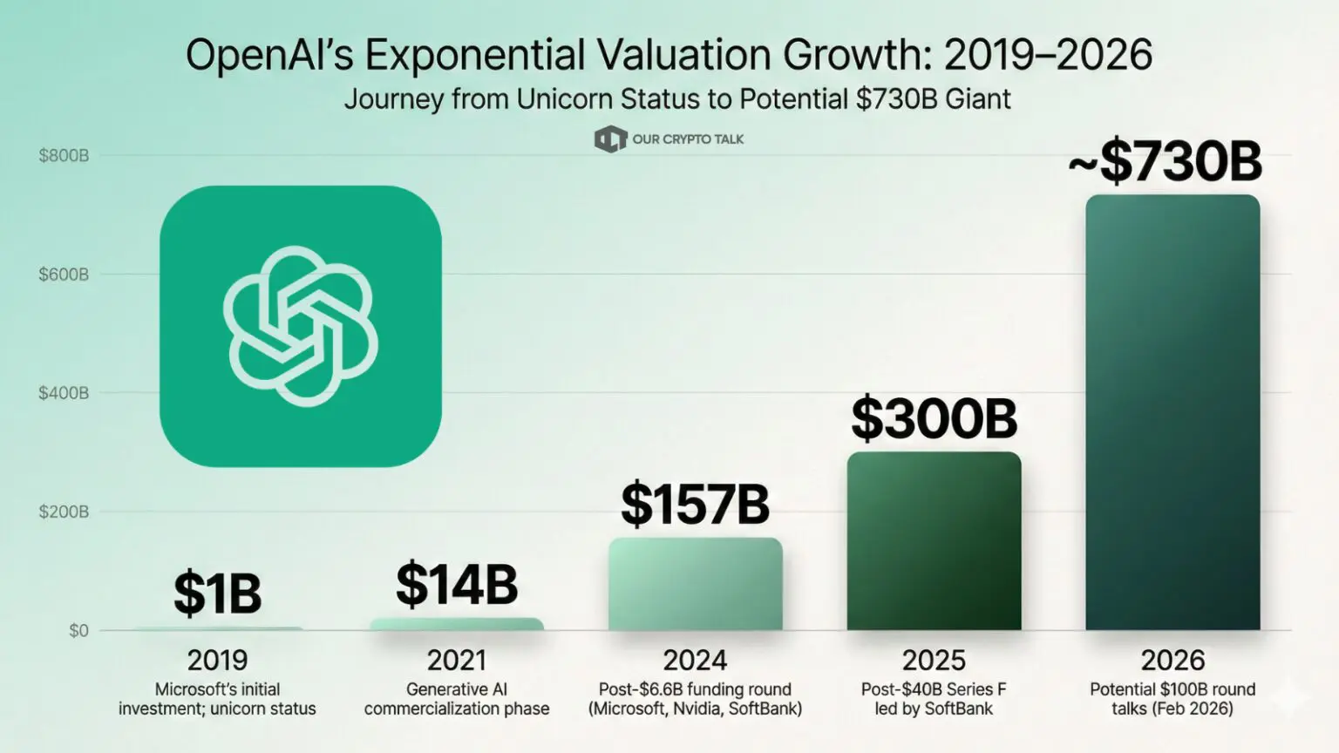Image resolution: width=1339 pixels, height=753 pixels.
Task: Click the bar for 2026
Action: (x=1172, y=412)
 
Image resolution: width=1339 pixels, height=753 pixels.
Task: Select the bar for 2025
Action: (x=934, y=541)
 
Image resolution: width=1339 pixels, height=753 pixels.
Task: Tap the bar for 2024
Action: (x=695, y=584)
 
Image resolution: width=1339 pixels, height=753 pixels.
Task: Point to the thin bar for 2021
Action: (x=457, y=625)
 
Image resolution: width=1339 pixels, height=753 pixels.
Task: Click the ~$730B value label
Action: (x=1165, y=161)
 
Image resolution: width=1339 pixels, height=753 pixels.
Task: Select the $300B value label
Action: (x=934, y=418)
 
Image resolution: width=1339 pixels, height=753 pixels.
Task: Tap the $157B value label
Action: (x=695, y=505)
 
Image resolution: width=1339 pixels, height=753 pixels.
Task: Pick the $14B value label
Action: (x=457, y=585)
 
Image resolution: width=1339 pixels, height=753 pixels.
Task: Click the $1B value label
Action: (x=218, y=594)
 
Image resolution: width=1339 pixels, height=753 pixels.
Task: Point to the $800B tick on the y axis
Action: (x=64, y=156)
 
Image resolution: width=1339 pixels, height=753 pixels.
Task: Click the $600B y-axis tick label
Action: (x=64, y=275)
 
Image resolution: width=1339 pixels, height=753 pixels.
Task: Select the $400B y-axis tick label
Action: (x=64, y=393)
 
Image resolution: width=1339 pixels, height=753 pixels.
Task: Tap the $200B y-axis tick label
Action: (x=64, y=512)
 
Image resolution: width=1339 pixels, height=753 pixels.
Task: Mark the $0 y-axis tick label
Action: (x=79, y=630)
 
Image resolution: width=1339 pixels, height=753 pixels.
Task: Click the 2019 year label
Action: (x=218, y=661)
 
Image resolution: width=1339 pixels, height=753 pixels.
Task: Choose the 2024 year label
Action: (x=695, y=661)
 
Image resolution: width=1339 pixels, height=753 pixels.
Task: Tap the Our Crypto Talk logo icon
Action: (x=610, y=139)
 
